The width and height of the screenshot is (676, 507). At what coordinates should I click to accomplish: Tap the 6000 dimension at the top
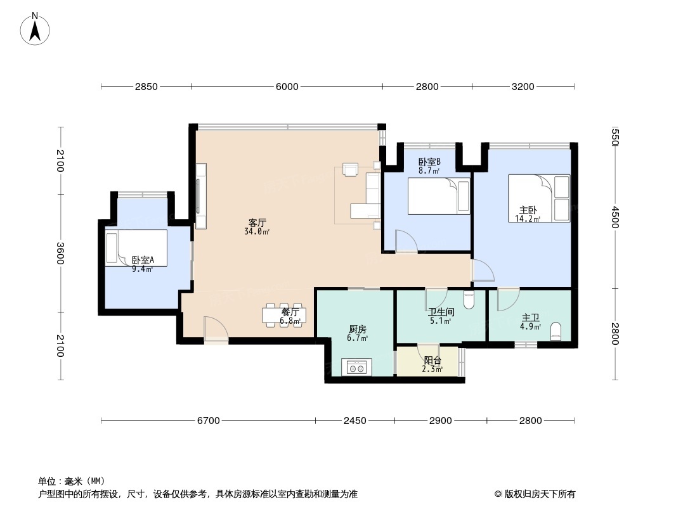tap(287, 87)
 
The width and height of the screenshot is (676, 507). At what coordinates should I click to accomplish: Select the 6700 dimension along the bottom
tap(208, 420)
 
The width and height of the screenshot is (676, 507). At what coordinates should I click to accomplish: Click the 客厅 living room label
tap(257, 223)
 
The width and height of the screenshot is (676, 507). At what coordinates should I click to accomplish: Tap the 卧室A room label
tap(143, 260)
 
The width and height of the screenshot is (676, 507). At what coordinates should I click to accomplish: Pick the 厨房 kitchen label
tap(358, 330)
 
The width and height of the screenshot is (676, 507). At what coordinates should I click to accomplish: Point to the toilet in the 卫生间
tap(469, 300)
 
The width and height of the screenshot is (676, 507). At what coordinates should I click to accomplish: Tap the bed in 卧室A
tap(136, 248)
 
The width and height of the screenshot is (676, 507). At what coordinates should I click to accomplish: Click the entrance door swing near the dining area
tap(216, 329)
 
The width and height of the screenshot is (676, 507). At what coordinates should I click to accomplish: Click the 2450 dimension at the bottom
tap(355, 420)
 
